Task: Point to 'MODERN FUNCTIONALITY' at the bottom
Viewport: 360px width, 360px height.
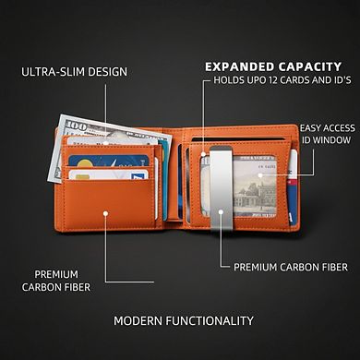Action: click(x=183, y=320)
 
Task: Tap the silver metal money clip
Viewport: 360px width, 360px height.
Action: click(x=222, y=185)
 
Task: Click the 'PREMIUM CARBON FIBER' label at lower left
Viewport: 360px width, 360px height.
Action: click(x=57, y=281)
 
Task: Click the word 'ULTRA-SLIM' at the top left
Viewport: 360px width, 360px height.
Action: click(x=50, y=71)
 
